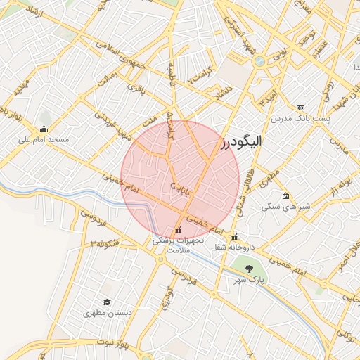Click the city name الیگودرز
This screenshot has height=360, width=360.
point(241,141)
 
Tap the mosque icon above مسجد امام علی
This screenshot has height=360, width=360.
point(44,129)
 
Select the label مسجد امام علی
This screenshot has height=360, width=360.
point(44,139)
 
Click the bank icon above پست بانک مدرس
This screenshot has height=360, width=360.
point(301,108)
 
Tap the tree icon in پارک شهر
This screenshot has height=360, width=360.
point(248,269)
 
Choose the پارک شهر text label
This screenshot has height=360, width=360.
point(250,280)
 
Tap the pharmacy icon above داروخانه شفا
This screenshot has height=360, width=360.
point(235,237)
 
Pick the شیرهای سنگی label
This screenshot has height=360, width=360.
point(281,207)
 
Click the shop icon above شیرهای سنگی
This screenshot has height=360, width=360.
point(285,196)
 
